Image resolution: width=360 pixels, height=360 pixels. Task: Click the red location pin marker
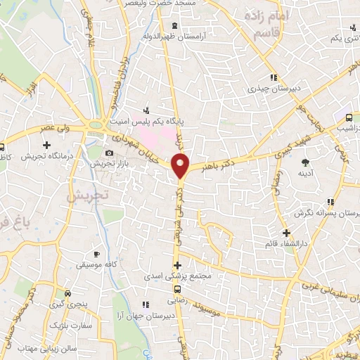181,166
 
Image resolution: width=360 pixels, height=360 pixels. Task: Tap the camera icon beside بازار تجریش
109,153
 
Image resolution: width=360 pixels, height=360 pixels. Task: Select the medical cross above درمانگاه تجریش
46,145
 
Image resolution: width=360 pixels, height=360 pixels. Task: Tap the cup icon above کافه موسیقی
97,252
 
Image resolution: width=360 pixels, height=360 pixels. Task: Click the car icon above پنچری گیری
67,293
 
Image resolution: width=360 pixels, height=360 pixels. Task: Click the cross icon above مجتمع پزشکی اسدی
177,266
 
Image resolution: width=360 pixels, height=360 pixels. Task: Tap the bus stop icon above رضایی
176,288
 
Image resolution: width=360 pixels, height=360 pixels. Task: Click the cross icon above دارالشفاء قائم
285,233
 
